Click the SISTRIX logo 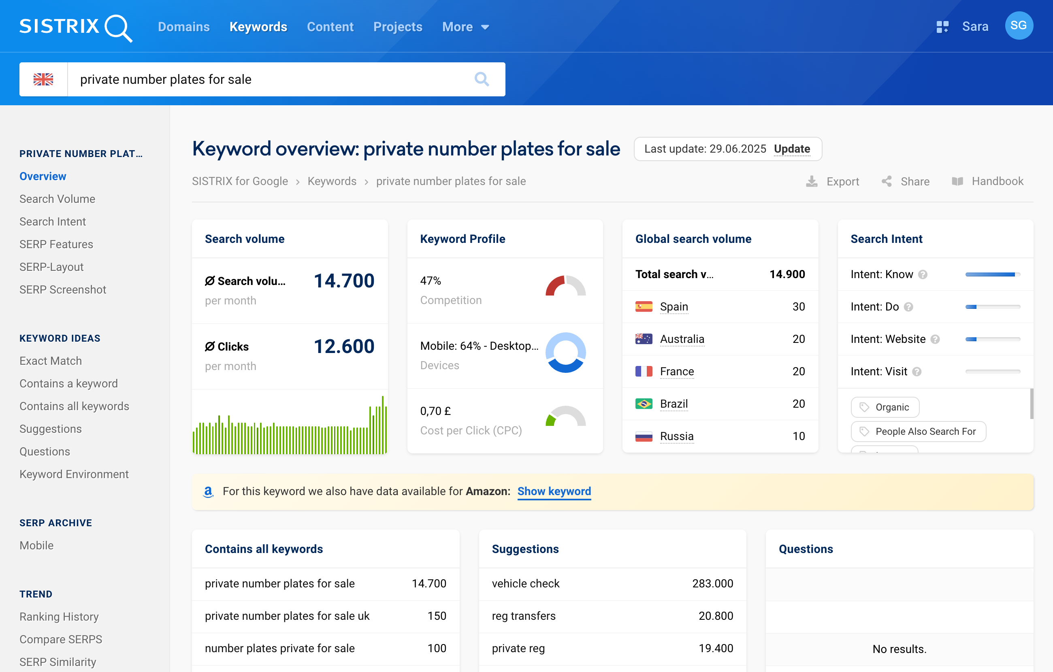point(75,27)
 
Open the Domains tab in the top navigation point(183,27)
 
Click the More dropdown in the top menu point(465,27)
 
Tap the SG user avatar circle point(1019,26)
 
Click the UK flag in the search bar point(43,79)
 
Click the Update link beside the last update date point(791,149)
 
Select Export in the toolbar point(833,181)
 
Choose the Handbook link point(988,181)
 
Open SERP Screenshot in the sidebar point(62,289)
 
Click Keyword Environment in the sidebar point(74,474)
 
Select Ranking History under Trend point(59,617)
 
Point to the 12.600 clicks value point(344,346)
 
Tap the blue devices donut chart point(565,353)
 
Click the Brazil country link point(674,404)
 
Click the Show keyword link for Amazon point(554,491)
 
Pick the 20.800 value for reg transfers point(715,616)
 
